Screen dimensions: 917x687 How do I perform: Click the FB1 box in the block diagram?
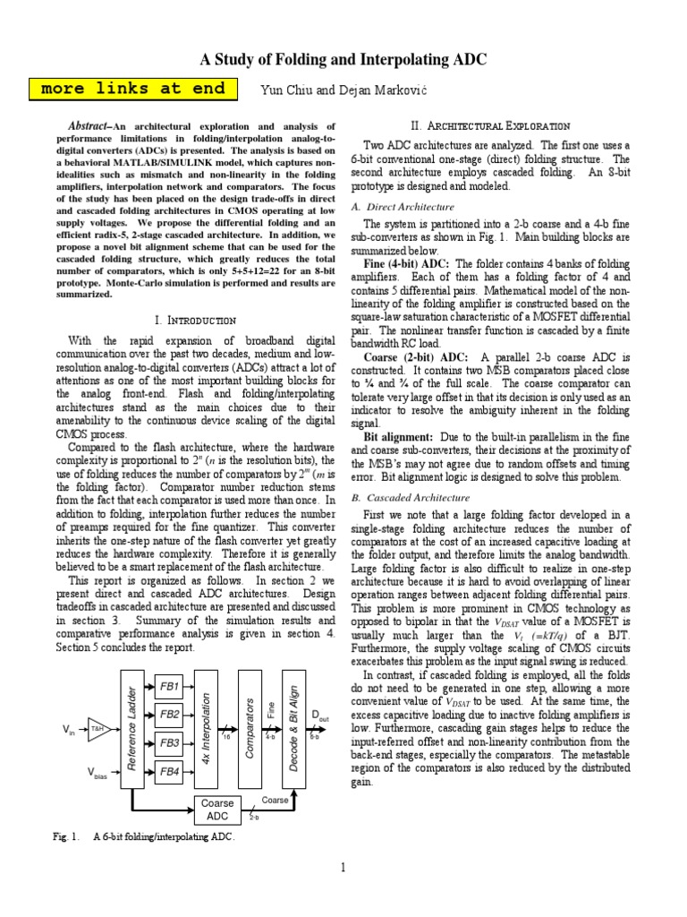coord(169,686)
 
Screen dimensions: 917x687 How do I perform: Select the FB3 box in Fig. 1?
coord(169,742)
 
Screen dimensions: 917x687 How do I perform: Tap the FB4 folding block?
coord(169,771)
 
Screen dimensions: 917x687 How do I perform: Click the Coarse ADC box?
coord(216,810)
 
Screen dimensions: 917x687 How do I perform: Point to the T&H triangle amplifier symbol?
coord(96,730)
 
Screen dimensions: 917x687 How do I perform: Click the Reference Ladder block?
coord(132,727)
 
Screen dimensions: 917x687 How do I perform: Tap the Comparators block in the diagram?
coord(249,727)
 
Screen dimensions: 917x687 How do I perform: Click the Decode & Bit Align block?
coord(293,727)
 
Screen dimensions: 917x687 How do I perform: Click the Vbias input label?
coord(97,774)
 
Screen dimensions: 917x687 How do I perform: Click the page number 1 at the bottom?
coord(343,866)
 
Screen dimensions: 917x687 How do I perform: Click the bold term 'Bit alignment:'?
coord(397,439)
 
